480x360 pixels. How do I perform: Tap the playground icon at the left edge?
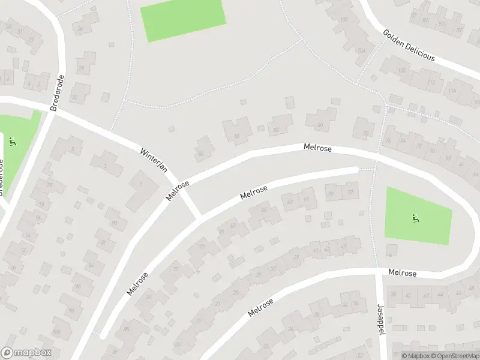point(12,142)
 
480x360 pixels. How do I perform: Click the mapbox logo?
point(26,353)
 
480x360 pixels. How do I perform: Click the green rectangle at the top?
point(183,20)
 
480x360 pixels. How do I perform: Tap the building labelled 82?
point(277,128)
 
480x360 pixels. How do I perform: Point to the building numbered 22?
point(75,96)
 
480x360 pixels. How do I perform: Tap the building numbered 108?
point(401,70)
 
